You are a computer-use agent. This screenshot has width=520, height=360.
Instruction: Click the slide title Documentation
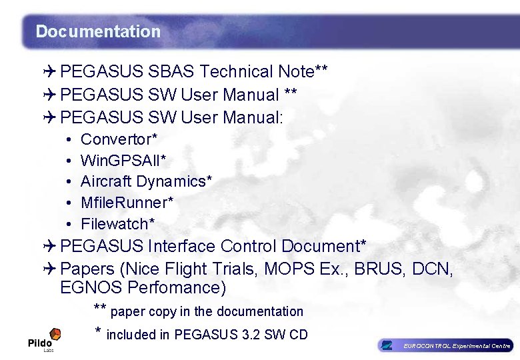point(98,31)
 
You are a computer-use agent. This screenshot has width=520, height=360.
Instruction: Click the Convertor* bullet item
point(119,139)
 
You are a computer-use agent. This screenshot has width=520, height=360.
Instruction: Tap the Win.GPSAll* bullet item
point(123,161)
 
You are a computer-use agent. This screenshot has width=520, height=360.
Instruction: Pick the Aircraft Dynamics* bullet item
point(146,181)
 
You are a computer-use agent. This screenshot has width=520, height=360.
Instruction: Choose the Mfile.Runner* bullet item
point(127,202)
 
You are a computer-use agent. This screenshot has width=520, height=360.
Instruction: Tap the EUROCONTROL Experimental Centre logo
point(445,345)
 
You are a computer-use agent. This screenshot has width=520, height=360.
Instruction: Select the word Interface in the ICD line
point(181,246)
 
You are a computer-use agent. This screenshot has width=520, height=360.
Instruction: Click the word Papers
point(84,269)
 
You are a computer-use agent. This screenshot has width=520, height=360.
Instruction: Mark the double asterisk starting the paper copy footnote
point(100,309)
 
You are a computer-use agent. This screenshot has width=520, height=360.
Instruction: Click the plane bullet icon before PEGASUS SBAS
point(49,72)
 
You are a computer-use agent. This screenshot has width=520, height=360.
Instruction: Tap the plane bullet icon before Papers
point(49,269)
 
